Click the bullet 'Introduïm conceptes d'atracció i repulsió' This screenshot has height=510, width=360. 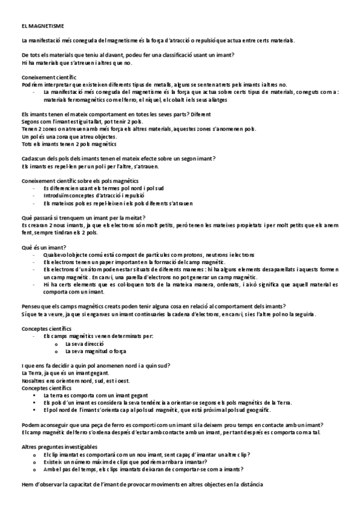pos(94,195)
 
